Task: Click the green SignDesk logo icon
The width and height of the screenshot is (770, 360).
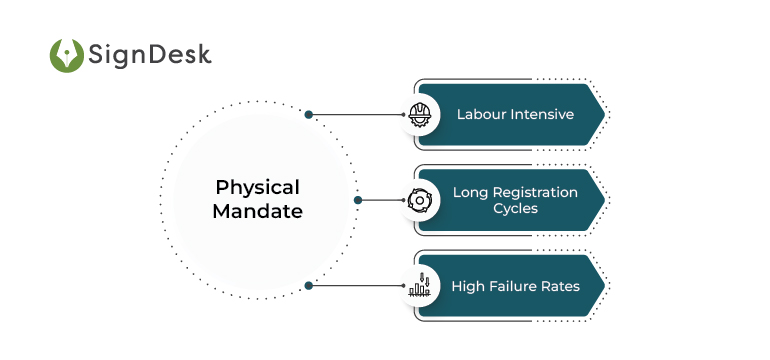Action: (x=67, y=55)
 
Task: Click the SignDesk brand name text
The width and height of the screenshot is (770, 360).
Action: (x=150, y=55)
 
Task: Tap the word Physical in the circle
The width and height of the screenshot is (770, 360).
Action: (x=258, y=187)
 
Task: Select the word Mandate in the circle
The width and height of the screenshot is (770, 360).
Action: (x=258, y=212)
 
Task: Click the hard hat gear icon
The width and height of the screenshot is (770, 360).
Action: (x=419, y=114)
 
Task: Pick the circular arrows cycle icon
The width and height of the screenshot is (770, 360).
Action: (x=419, y=200)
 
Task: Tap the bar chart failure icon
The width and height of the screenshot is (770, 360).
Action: (x=419, y=286)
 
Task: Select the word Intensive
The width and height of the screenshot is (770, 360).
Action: (x=542, y=114)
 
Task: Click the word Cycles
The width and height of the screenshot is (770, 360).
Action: (x=515, y=209)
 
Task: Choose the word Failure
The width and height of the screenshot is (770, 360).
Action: (x=512, y=286)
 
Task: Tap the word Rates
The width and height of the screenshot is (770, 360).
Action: (x=560, y=286)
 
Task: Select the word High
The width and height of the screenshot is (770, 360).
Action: (x=467, y=286)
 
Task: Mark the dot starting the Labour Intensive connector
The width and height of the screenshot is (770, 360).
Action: (x=309, y=114)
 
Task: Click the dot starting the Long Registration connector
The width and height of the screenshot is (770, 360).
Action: (x=357, y=200)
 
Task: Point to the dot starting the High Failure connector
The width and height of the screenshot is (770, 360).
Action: (x=309, y=286)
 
